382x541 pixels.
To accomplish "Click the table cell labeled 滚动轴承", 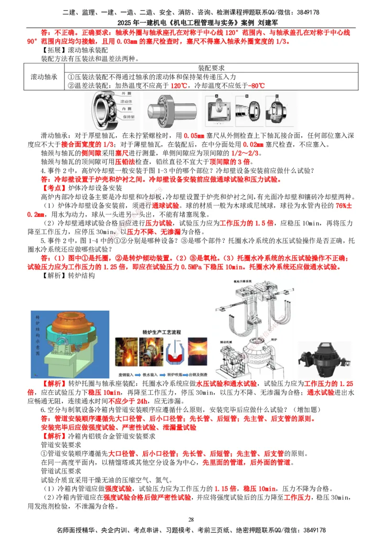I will coord(44,77).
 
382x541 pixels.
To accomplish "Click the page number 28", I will coord(191,519).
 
